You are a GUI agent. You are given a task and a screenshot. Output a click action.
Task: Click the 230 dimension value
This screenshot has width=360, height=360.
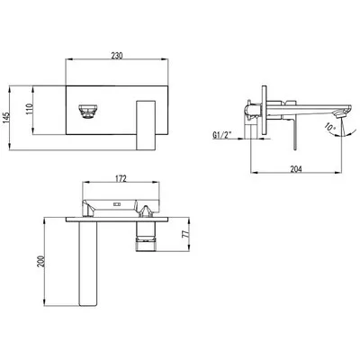coord(117,55)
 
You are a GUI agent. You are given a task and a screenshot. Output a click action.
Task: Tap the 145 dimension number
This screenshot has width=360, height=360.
coord(6,118)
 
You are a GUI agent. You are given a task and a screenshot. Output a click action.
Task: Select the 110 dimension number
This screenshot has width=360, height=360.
coord(29,109)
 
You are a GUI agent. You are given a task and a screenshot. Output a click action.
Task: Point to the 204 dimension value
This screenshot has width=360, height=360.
coord(296,169)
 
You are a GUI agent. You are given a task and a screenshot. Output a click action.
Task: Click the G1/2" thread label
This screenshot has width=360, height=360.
coord(222,135)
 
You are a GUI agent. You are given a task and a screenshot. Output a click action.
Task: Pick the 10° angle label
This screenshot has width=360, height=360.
coord(330,127)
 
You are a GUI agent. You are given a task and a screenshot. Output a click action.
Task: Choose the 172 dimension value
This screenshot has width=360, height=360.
coord(121,178)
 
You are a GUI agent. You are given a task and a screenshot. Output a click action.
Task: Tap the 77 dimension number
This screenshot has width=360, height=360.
coord(186,234)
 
